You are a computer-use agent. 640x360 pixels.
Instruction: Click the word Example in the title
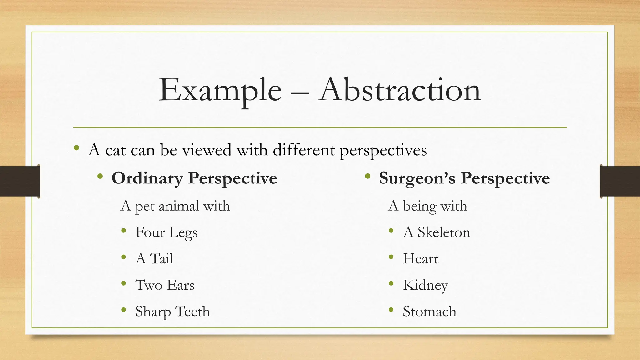[x=220, y=91]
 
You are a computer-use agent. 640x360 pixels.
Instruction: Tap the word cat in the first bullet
[x=115, y=150]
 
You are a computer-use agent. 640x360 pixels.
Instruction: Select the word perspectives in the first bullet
[x=383, y=150]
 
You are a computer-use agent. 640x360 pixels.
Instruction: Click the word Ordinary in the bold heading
[x=147, y=178]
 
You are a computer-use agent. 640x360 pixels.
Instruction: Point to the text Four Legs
[x=166, y=232]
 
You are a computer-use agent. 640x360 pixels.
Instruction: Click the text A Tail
[x=154, y=259]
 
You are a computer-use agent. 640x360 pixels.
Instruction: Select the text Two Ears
[x=165, y=285]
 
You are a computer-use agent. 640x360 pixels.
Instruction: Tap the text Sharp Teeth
[x=172, y=312]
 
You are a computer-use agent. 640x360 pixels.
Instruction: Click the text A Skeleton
[x=437, y=232]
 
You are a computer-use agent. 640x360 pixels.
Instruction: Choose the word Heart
[x=421, y=259]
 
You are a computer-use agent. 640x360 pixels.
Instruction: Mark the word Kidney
[x=425, y=285]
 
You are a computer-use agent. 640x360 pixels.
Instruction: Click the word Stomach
[x=429, y=312]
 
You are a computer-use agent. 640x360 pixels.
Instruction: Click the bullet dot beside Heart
[x=391, y=257]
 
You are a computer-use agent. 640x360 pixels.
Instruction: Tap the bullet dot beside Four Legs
[x=124, y=231]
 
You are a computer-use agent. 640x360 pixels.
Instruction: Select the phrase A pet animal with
[x=175, y=206]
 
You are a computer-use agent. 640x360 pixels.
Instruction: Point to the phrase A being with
[x=427, y=206]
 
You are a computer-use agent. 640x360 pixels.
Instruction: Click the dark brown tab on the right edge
[x=620, y=181]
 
